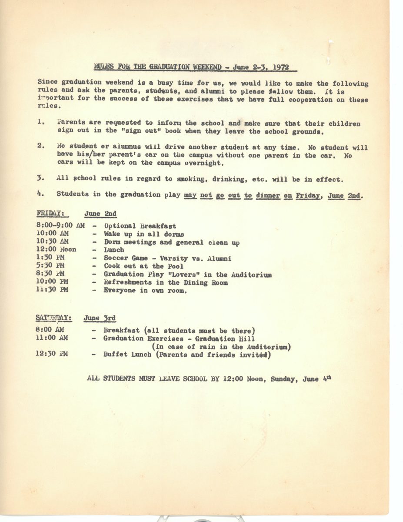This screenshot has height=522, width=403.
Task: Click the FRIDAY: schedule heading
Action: pos(50,214)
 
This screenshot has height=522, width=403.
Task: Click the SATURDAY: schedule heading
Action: pos(54,318)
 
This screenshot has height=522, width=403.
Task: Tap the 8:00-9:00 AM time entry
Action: pos(61,226)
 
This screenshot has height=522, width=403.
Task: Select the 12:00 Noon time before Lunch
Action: pos(57,250)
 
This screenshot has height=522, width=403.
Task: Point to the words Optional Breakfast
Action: pos(140,226)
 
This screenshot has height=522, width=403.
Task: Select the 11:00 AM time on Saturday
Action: pos(53,338)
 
